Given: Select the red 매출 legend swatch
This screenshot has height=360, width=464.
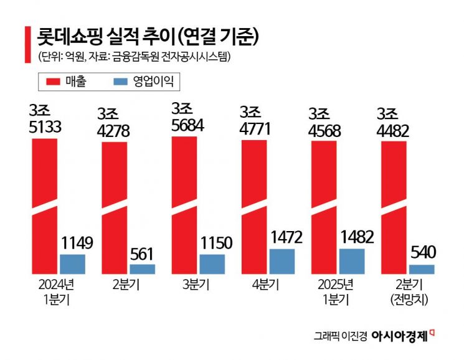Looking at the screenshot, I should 51,82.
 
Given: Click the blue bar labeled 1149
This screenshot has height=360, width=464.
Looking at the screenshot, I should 72,263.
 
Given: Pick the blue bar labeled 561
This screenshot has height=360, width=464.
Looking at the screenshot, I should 142,268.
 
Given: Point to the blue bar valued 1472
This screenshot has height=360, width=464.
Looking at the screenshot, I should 282,261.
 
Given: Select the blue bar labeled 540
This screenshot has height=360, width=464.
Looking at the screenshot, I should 422,269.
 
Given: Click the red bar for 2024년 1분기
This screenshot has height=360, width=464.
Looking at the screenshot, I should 45,206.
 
